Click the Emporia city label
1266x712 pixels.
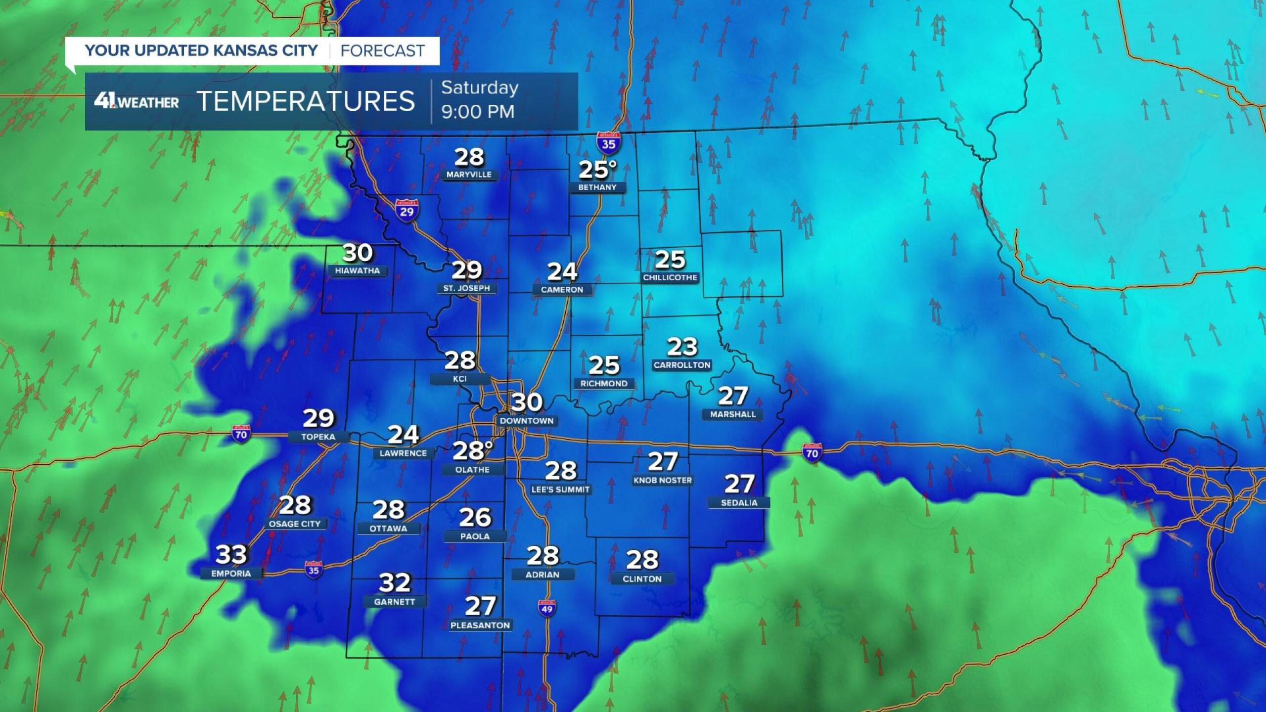coord(231,574)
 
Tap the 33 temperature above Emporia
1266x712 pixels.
coord(231,554)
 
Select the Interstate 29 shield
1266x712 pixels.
coord(407,210)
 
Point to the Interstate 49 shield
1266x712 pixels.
coord(546,608)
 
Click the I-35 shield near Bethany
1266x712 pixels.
coord(608,142)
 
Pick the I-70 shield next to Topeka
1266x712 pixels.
coord(241,434)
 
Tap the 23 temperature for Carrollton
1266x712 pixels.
coord(682,347)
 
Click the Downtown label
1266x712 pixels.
coord(527,421)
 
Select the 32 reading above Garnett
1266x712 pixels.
coord(394,583)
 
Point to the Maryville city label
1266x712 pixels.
coord(469,175)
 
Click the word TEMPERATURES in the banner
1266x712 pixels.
coord(306,101)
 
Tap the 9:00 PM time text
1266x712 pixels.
coord(478,112)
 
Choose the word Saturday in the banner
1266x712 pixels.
coord(480,88)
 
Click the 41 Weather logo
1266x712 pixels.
coord(136,101)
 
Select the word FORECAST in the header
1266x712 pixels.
coord(382,50)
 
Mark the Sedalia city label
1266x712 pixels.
coord(739,502)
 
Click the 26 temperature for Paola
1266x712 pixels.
coord(475,517)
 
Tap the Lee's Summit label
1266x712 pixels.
coord(560,489)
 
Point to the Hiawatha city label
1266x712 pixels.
coord(357,271)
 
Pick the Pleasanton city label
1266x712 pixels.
coord(480,625)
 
